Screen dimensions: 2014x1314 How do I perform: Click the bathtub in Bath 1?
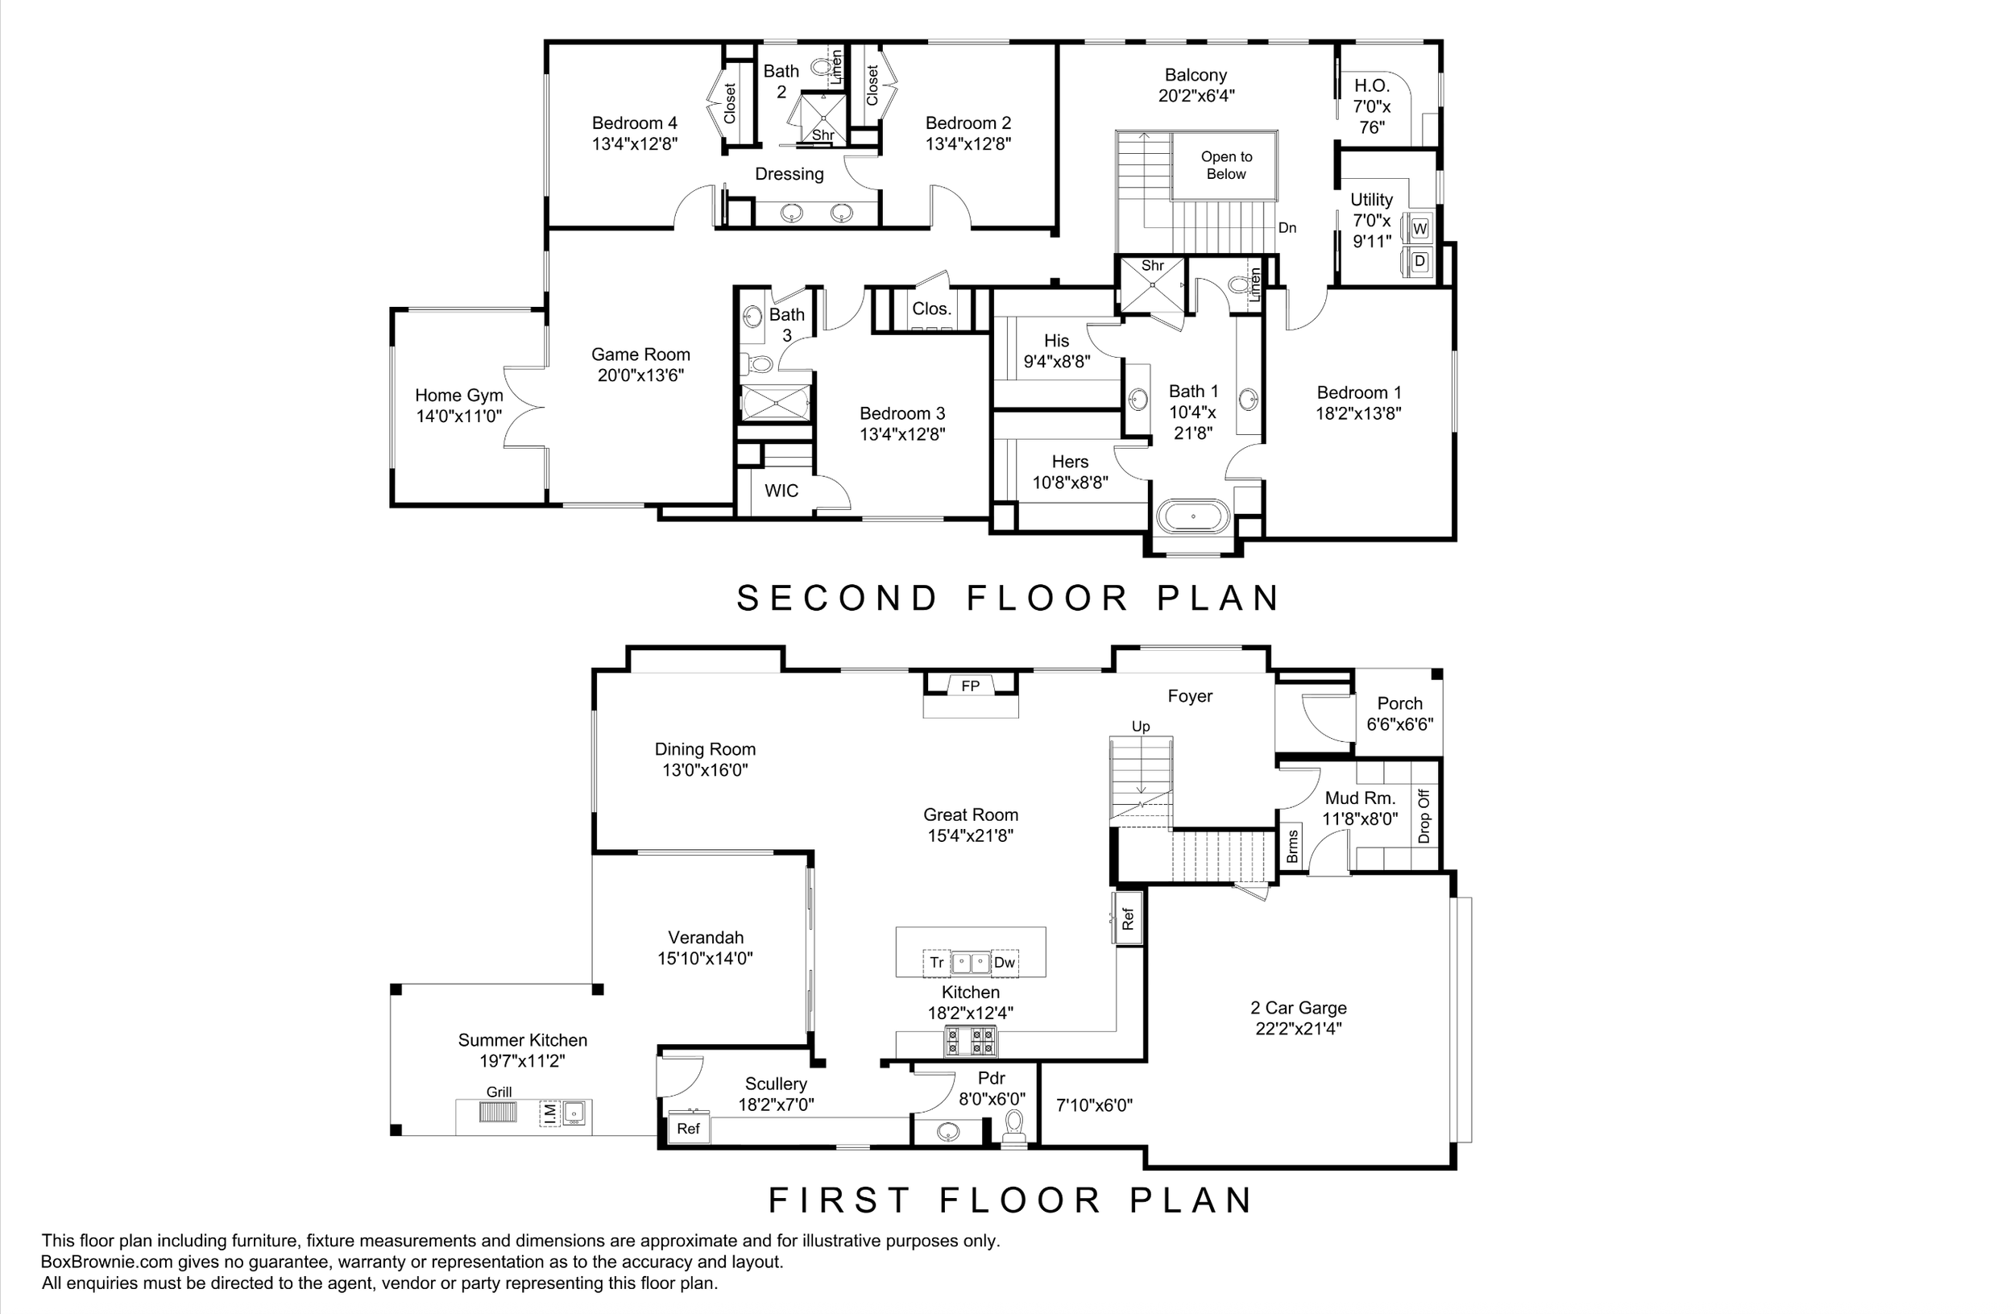point(1193,516)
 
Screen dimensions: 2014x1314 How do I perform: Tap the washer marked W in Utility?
point(1419,229)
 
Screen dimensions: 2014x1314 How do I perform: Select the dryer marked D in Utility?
point(1419,263)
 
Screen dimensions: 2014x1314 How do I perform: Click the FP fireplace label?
point(971,686)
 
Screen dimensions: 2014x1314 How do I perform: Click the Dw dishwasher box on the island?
point(1005,963)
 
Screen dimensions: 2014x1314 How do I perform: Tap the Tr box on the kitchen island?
point(937,963)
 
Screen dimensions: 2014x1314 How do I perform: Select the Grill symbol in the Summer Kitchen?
point(498,1111)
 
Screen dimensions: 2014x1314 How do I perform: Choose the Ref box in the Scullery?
point(688,1129)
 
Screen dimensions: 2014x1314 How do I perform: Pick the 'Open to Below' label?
point(1226,166)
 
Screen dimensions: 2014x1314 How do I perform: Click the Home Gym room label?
point(458,395)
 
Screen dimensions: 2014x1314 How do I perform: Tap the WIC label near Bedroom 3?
point(781,491)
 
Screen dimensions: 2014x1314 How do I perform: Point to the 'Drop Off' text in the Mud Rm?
point(1423,816)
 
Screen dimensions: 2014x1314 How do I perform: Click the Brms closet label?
point(1292,846)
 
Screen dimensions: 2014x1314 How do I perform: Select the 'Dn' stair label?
point(1287,228)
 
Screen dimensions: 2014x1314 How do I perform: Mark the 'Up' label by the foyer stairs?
point(1141,727)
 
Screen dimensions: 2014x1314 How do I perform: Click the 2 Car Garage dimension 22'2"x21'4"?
point(1299,1029)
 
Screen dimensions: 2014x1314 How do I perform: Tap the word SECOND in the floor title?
point(837,599)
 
